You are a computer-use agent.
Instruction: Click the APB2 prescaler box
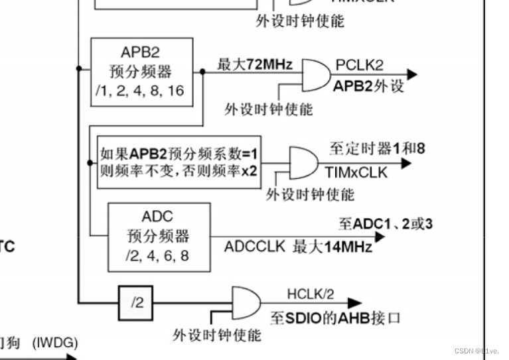(141, 72)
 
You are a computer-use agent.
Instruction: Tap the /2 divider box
(137, 303)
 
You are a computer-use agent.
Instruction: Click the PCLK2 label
(359, 65)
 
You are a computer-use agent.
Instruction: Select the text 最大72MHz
(254, 64)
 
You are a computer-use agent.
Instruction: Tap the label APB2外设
(368, 86)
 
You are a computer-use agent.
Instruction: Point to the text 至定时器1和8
(377, 149)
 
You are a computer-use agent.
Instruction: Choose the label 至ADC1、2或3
(386, 224)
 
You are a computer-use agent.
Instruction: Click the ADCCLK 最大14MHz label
(298, 247)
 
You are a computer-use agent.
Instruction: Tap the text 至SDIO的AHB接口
(335, 318)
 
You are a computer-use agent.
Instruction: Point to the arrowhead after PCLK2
(411, 74)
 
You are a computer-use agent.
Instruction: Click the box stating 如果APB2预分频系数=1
(179, 161)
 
